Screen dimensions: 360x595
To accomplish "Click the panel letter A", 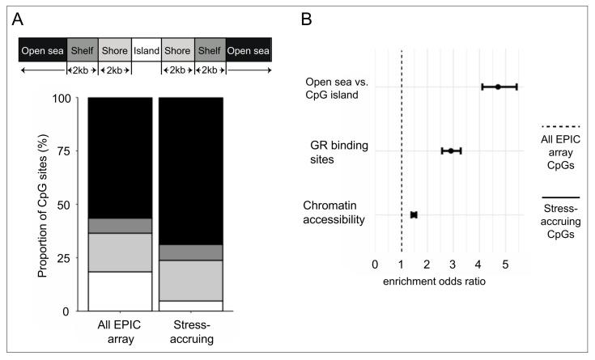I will [x=27, y=19].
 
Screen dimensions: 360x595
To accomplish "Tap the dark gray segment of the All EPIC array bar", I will [x=121, y=226].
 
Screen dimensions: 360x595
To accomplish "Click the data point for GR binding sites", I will [x=451, y=150].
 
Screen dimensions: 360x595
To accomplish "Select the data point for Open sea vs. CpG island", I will [x=498, y=87].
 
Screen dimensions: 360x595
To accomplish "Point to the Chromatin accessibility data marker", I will [x=414, y=214].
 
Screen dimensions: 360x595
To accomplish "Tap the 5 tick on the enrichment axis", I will [x=505, y=264].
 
